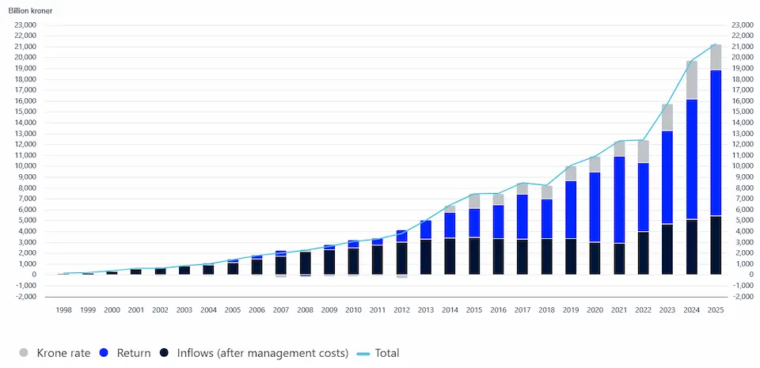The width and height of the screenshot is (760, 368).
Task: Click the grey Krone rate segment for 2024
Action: click(x=691, y=80)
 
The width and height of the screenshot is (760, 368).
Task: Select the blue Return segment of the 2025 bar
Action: click(x=716, y=142)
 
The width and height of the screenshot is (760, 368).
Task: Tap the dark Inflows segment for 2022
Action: click(x=643, y=253)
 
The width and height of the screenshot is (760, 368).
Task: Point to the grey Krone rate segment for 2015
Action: click(x=474, y=201)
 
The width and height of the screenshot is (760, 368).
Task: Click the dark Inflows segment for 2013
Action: click(x=426, y=257)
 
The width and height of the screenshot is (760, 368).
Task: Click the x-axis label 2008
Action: click(x=306, y=310)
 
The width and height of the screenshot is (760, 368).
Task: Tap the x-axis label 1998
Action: click(x=64, y=310)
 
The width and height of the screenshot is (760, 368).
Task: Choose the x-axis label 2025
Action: click(x=716, y=310)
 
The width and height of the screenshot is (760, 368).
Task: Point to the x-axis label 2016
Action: click(x=498, y=310)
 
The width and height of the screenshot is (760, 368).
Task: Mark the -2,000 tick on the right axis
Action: click(x=741, y=297)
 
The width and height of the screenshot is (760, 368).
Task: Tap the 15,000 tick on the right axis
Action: click(x=741, y=112)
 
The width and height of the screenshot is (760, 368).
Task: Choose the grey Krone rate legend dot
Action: click(x=23, y=353)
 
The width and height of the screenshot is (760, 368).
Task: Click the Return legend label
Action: click(x=134, y=353)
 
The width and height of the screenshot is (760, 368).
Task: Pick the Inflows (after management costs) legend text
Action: click(x=263, y=353)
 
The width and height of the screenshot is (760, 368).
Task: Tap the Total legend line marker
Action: click(x=363, y=354)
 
